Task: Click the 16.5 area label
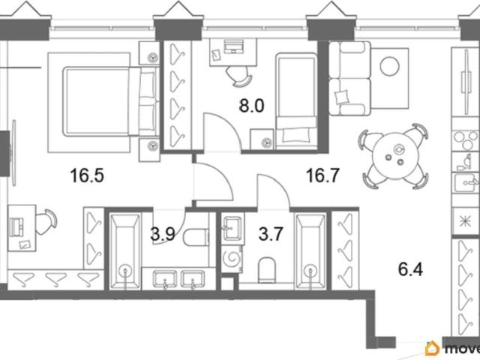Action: [x=87, y=175]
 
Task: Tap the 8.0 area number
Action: [x=251, y=106]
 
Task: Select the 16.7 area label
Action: [x=322, y=175]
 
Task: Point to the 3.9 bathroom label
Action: [x=163, y=235]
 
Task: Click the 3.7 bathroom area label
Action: [x=270, y=234]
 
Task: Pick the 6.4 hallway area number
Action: [x=410, y=270]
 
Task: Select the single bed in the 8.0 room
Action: [x=296, y=101]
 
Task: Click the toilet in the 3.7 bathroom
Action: [x=267, y=270]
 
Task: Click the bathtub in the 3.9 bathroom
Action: [x=125, y=252]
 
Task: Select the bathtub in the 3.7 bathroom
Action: [x=310, y=251]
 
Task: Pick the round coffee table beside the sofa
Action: [x=390, y=67]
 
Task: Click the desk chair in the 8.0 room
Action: [x=240, y=76]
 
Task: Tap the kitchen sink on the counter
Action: [x=466, y=182]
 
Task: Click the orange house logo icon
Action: [x=432, y=348]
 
